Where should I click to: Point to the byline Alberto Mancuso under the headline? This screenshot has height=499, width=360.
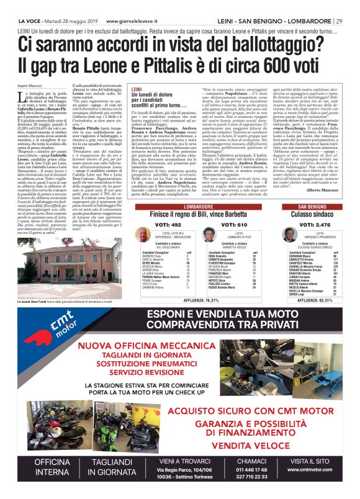(x=30, y=84)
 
